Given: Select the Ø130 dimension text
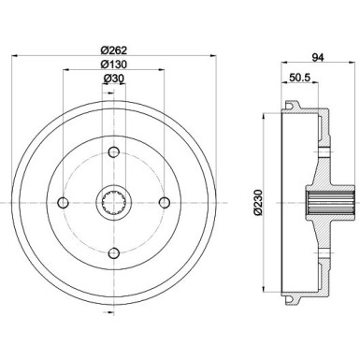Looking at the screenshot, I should pyautogui.click(x=115, y=65).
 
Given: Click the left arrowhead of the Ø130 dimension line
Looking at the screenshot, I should pyautogui.click(x=66, y=70).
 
